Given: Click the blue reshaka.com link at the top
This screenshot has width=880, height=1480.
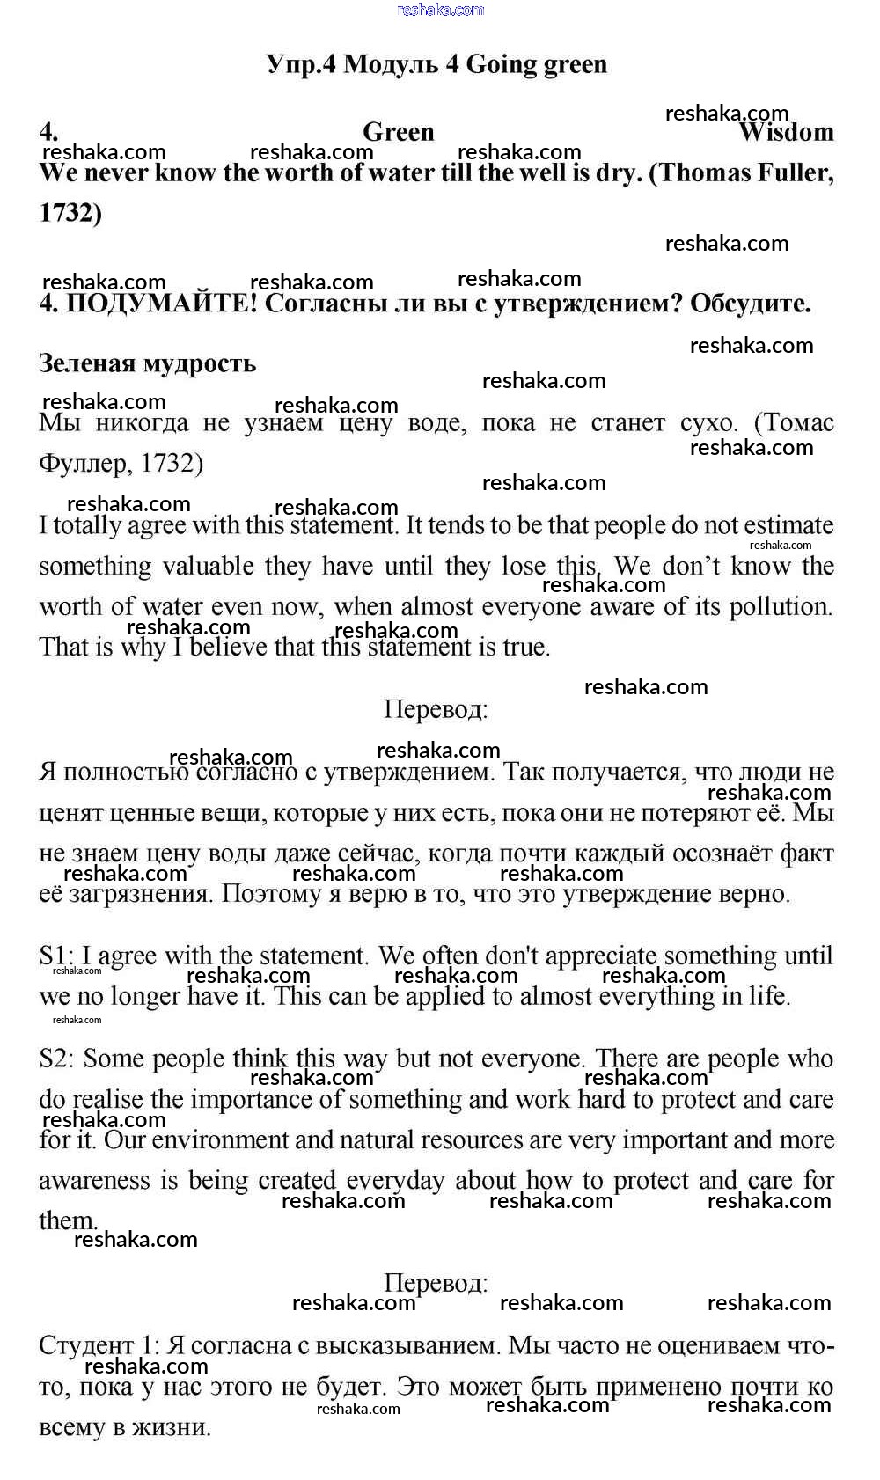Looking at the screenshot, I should [x=441, y=10].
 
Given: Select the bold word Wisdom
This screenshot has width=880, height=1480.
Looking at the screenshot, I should [x=786, y=133].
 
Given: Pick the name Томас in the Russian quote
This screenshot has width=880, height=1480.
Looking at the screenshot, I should [x=799, y=423].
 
